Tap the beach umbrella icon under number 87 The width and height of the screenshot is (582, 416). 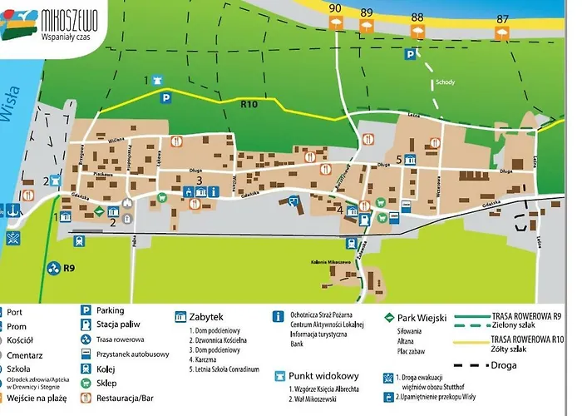(x=501, y=33)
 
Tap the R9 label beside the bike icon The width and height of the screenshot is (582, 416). (x=70, y=268)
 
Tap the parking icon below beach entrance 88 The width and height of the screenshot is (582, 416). (x=410, y=54)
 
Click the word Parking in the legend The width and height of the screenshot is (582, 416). (x=111, y=310)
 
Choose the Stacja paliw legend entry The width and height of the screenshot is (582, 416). (x=117, y=324)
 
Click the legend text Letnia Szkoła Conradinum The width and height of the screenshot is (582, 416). (x=225, y=369)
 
